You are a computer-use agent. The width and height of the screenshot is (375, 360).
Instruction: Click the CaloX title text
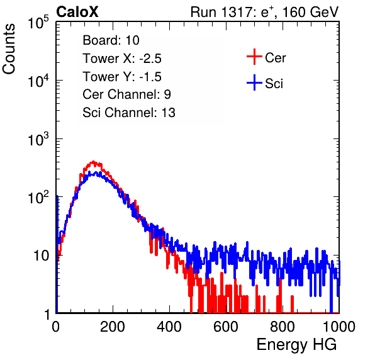77,12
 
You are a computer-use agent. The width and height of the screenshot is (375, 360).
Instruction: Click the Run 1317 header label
264,12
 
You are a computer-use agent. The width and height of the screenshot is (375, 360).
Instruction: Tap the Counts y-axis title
9,49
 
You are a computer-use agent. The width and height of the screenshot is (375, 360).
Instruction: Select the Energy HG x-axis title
296,345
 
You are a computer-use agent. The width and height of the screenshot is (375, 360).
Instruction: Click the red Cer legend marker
254,57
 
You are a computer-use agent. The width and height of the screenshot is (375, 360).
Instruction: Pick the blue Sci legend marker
254,83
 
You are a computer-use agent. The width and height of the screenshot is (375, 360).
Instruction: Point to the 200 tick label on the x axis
113,327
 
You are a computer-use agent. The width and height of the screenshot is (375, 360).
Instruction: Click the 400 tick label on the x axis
169,327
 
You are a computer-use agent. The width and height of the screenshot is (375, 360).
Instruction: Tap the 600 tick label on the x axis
226,327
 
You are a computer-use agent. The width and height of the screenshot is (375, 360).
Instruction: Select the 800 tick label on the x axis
283,327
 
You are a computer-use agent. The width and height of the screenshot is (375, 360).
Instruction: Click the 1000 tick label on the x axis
339,327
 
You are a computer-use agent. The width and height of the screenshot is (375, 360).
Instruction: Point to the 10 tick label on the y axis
42,256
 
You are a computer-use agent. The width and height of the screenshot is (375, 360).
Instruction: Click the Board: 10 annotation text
111,40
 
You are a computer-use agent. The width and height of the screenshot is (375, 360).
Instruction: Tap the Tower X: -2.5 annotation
122,59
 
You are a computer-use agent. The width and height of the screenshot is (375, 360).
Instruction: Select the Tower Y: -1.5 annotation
122,77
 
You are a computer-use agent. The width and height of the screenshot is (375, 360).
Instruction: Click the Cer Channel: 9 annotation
126,94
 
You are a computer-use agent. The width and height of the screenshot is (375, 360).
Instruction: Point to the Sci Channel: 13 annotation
129,113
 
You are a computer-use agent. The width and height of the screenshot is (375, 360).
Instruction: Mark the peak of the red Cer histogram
93,162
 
